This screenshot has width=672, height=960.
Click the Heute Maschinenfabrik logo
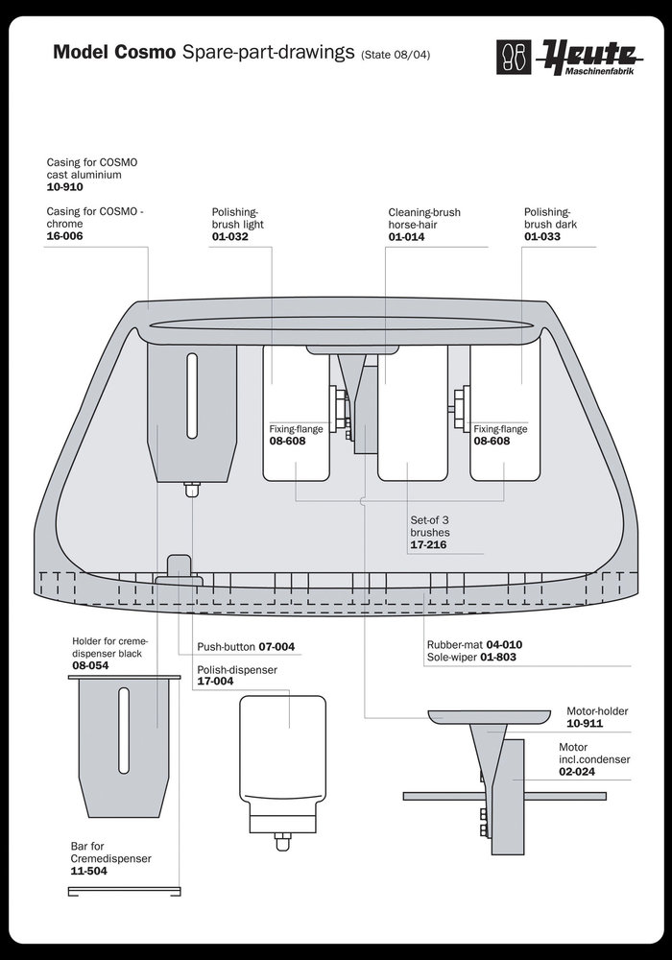[x=561, y=55]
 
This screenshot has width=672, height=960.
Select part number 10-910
[x=66, y=187]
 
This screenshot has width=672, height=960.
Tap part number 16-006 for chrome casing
[x=65, y=235]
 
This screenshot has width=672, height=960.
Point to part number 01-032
[x=231, y=235]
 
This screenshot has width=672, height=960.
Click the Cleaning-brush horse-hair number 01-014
[x=408, y=235]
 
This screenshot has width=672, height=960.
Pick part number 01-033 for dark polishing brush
[x=543, y=235]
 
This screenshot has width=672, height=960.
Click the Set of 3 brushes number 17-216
[x=429, y=544]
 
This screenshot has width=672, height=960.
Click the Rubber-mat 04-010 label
[x=476, y=644]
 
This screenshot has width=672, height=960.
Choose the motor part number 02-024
[x=579, y=771]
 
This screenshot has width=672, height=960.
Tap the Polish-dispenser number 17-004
[x=216, y=682]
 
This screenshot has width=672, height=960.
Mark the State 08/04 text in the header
[x=396, y=56]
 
